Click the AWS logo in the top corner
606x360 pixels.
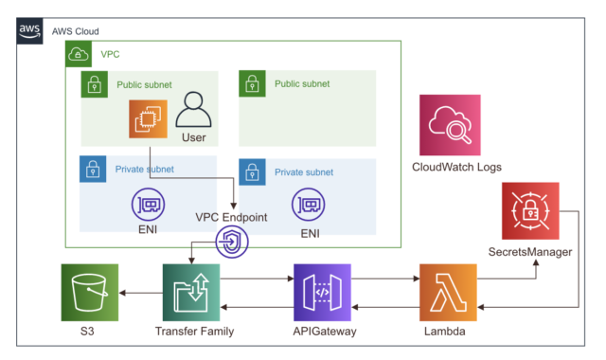coord(30,31)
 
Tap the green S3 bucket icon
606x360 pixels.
coord(90,293)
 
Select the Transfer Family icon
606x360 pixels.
coord(191,293)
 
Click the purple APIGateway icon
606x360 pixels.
coord(322,293)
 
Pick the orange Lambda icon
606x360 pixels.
coord(449,293)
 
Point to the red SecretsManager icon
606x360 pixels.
coord(530,211)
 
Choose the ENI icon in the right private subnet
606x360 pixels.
coord(310,204)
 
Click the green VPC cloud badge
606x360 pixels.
coord(77,55)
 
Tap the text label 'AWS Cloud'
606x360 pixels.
coord(76,31)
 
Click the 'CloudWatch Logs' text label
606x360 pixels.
coord(456,168)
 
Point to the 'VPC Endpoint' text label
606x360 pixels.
coord(231,217)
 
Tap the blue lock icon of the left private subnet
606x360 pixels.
coord(92,170)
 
